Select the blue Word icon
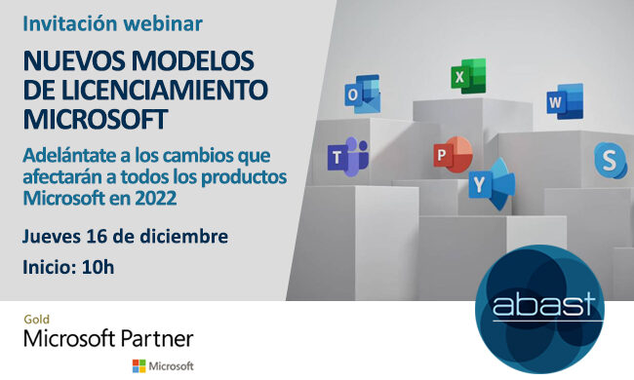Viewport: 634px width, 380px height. (563, 100)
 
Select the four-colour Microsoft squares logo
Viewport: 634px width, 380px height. (140, 366)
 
